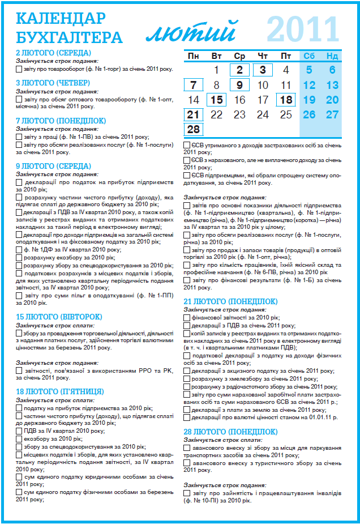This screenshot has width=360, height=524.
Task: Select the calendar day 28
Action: click(x=194, y=129)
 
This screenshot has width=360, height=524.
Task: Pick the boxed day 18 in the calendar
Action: click(x=286, y=100)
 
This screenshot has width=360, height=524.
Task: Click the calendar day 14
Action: click(x=194, y=100)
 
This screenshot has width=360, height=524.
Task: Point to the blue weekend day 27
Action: click(x=332, y=114)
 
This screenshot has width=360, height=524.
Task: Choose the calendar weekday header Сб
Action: click(x=309, y=56)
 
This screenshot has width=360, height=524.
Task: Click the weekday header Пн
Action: click(x=194, y=56)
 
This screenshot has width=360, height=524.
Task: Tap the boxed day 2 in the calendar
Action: click(x=239, y=70)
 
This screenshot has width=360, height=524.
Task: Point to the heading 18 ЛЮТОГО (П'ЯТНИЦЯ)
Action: click(x=59, y=391)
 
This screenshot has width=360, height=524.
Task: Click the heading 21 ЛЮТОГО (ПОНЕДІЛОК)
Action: click(x=230, y=301)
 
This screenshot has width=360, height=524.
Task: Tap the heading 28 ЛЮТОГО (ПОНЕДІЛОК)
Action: click(x=230, y=432)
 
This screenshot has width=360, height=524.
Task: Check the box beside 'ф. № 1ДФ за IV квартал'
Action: click(x=19, y=249)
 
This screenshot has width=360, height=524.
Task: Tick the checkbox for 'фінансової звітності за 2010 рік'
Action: click(x=187, y=318)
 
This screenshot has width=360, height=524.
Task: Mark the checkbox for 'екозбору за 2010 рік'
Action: click(x=19, y=438)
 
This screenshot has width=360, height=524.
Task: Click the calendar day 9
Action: click(x=239, y=85)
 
